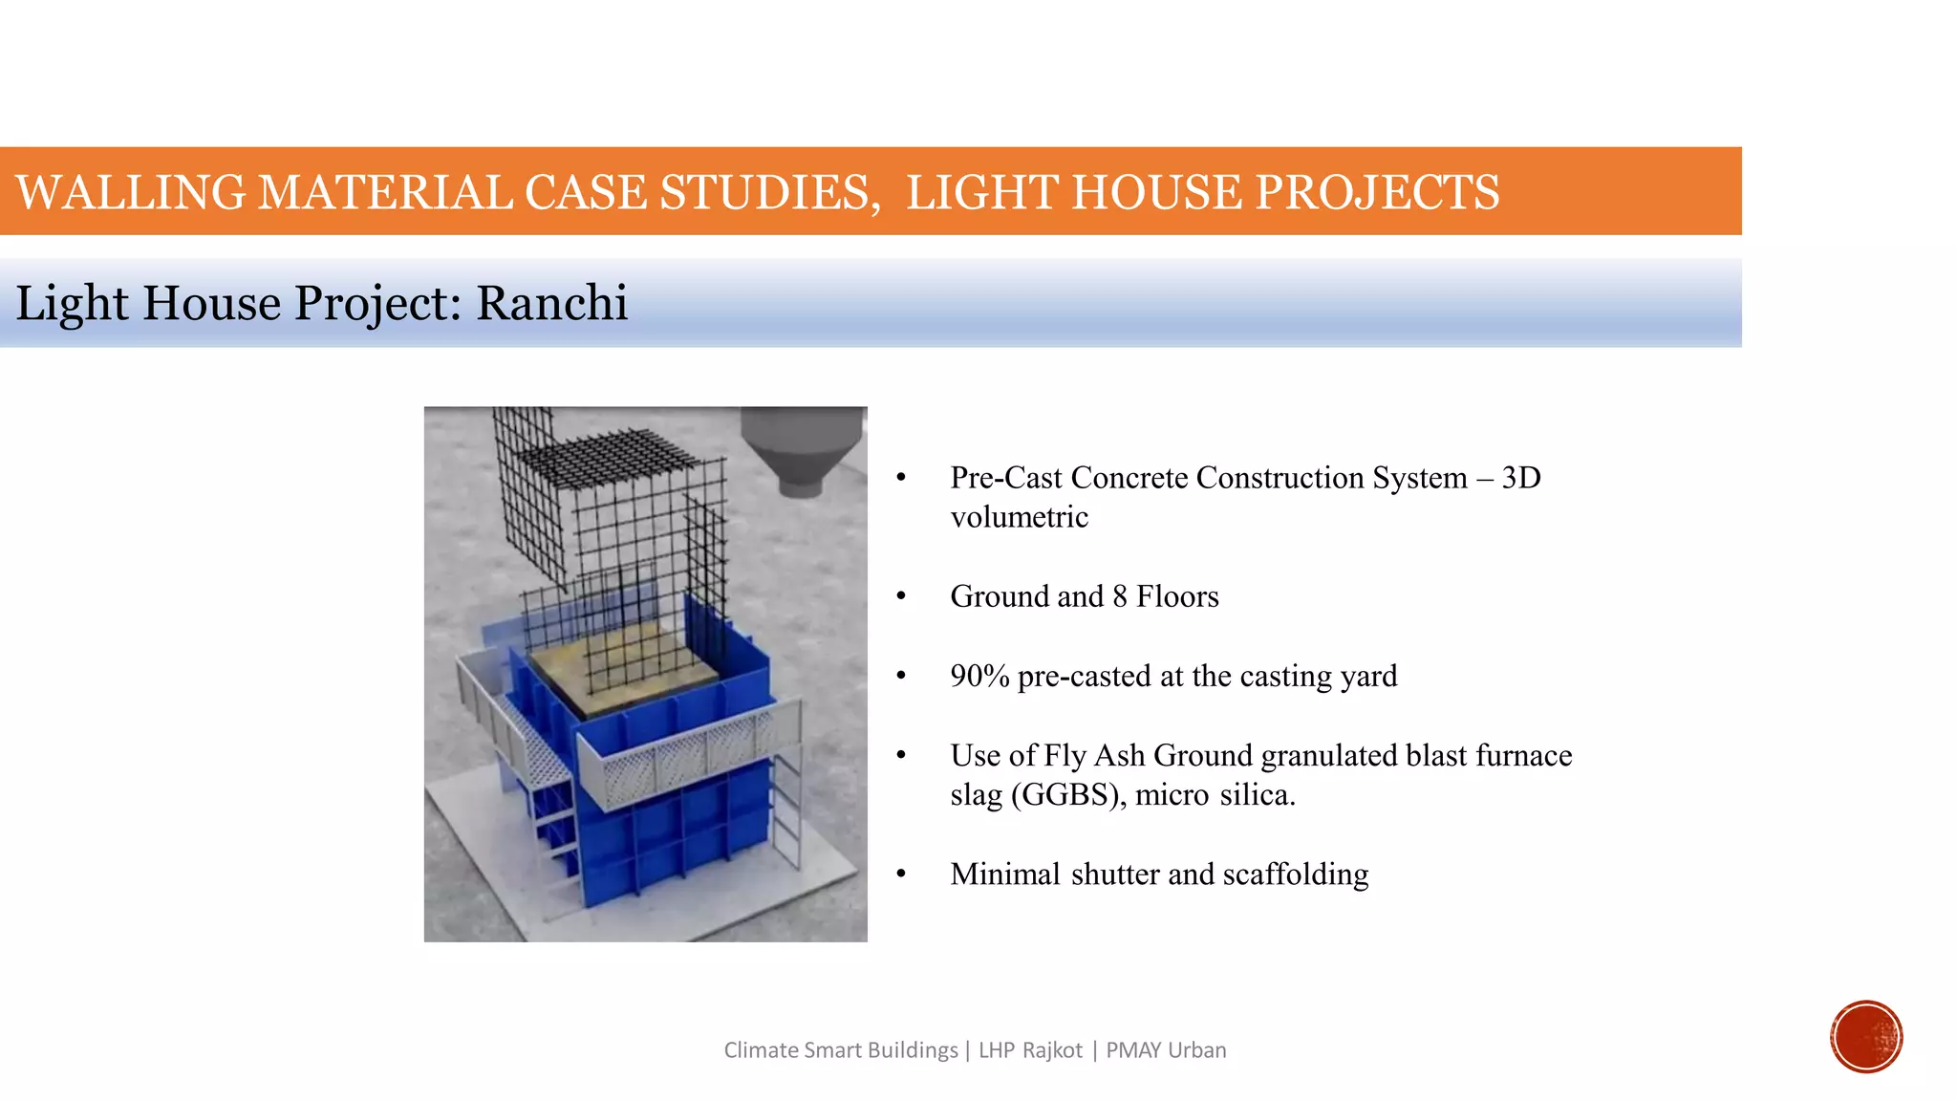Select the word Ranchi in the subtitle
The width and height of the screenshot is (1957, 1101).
click(x=551, y=303)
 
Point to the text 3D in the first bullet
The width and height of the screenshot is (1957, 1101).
click(x=1521, y=477)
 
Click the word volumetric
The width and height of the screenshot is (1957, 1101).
click(x=1019, y=517)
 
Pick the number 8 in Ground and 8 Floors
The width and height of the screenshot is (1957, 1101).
click(x=1120, y=596)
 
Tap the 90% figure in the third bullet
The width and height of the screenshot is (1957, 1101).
click(x=979, y=676)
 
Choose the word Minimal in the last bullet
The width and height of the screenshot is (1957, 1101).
click(x=1005, y=874)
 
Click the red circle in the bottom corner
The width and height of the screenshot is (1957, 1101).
click(x=1866, y=1037)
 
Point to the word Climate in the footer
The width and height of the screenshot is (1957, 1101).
click(x=761, y=1050)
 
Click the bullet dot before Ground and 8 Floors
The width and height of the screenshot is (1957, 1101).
click(x=900, y=596)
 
